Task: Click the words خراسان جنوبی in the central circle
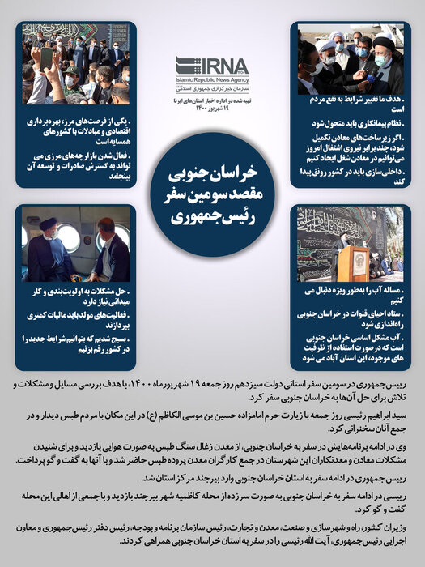(x=212, y=176)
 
